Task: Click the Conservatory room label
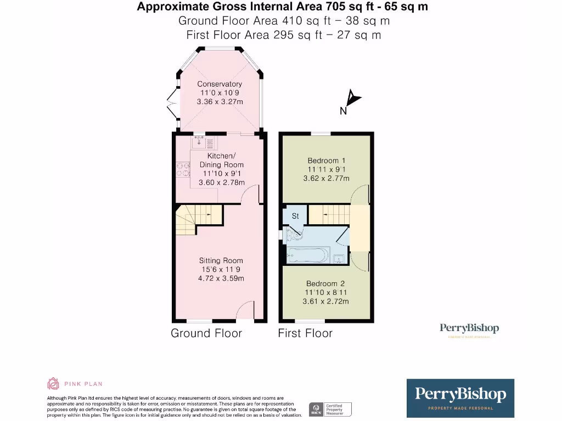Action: tap(220, 84)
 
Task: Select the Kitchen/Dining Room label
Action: tap(222, 160)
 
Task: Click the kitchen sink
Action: tap(198, 143)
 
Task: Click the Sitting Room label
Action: tap(221, 260)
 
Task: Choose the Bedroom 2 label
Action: tap(325, 283)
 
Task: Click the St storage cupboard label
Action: tap(295, 216)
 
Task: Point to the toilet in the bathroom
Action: tap(293, 235)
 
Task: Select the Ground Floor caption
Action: tap(206, 333)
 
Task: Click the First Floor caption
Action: tap(305, 333)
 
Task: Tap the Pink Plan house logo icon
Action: tap(53, 384)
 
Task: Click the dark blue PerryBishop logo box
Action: tap(460, 397)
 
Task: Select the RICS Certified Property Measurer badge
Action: tap(331, 409)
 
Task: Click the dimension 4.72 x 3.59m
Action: tap(221, 278)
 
